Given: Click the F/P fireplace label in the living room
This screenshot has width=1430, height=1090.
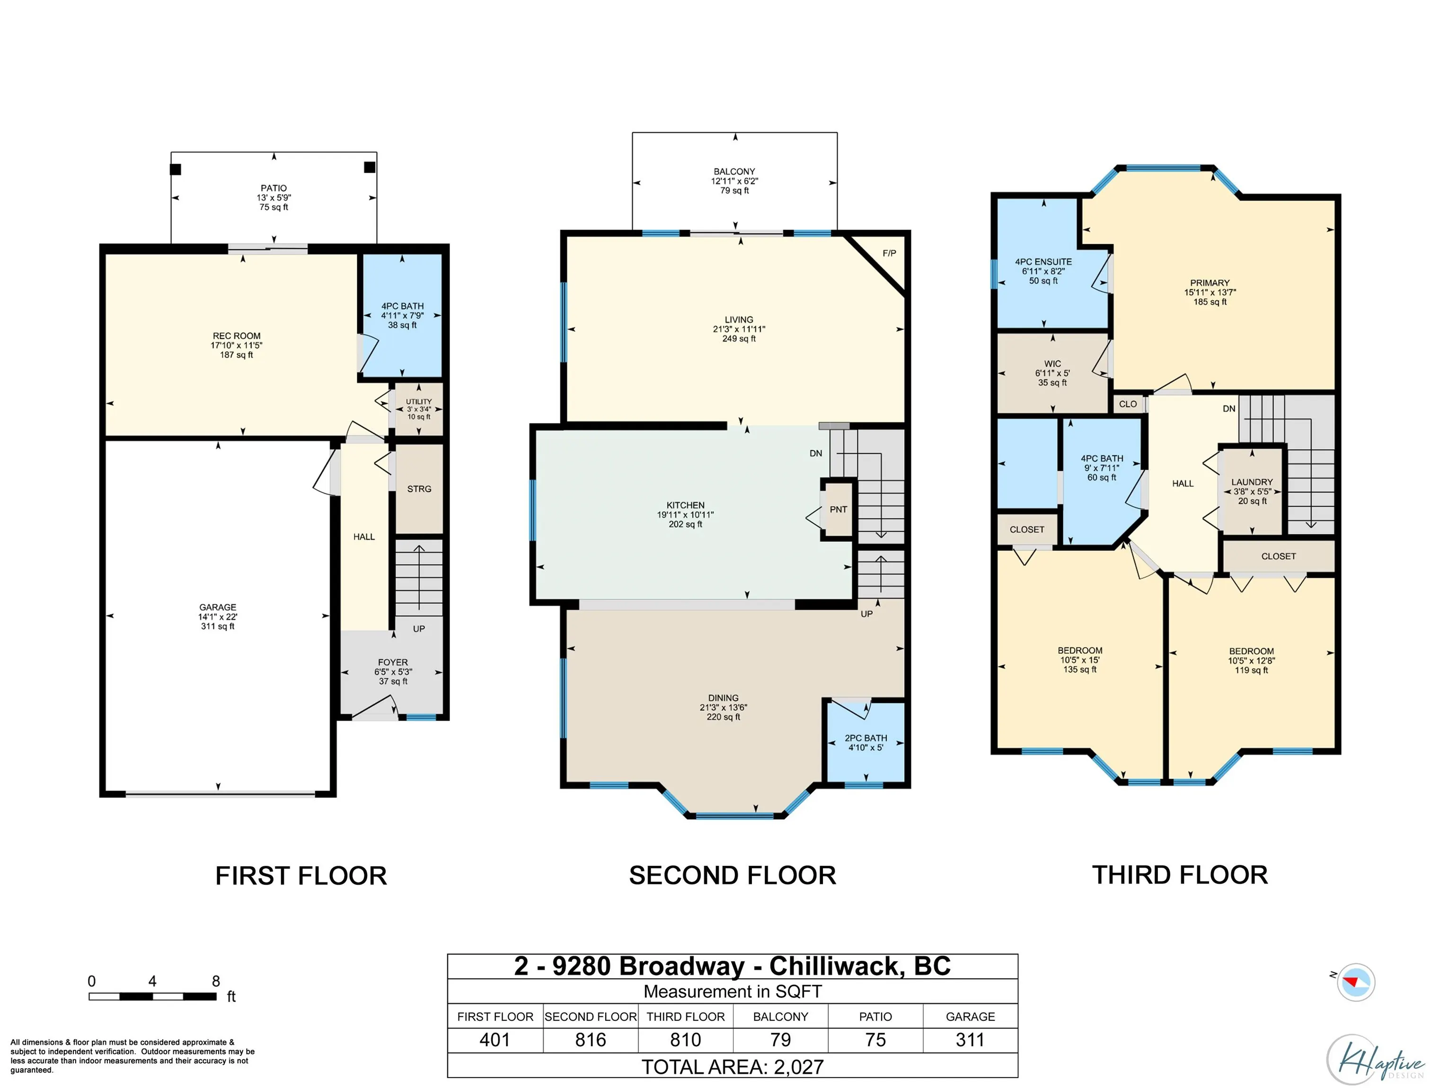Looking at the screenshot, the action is coord(889,253).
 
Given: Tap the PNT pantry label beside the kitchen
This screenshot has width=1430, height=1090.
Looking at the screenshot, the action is coord(839,510).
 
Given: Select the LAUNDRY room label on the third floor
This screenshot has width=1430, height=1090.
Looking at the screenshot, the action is coord(1252,482).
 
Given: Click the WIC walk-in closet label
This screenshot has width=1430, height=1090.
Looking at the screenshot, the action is coord(1052,364).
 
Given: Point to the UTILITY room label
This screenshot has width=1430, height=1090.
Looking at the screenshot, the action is coord(418,402).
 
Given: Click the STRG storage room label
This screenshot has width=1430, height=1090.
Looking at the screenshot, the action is coord(419,489).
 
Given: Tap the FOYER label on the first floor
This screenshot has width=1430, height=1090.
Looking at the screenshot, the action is coord(393,662).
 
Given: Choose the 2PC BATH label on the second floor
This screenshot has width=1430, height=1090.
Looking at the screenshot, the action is coord(865,738).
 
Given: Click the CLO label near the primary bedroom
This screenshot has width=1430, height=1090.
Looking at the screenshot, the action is coord(1128,404).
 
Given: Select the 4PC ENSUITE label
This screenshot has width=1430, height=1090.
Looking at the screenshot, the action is coord(1043,262).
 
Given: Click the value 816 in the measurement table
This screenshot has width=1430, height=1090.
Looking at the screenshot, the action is coord(591,1040).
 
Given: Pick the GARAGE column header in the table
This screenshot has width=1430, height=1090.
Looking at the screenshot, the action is coord(970,1017).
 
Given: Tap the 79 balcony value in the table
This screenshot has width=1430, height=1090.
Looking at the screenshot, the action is coord(780,1040).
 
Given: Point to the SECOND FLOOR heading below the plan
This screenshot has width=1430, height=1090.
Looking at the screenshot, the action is coord(733,875).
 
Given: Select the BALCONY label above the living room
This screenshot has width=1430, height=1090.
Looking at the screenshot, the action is coord(734,171).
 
